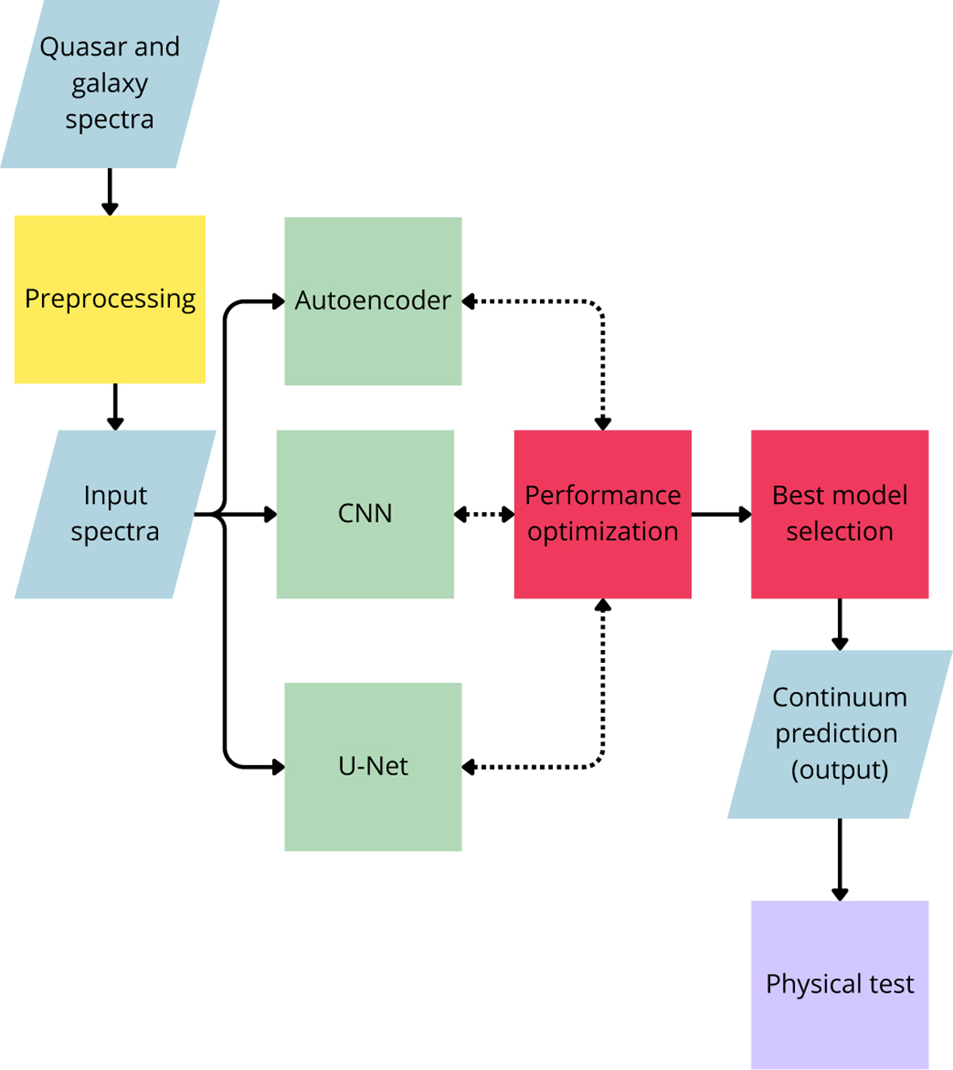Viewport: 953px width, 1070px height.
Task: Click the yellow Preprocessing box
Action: pyautogui.click(x=110, y=299)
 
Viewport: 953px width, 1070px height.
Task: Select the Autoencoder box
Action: pyautogui.click(x=373, y=301)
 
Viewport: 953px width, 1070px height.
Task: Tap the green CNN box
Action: pyautogui.click(x=365, y=514)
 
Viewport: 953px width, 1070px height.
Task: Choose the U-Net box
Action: pyautogui.click(x=373, y=767)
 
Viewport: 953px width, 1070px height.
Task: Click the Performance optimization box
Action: pyautogui.click(x=603, y=514)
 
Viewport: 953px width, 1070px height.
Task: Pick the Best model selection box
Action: pyautogui.click(x=839, y=514)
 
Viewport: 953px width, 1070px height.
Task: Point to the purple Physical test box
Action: pyautogui.click(x=839, y=984)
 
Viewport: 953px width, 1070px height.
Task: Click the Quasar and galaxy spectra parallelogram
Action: pyautogui.click(x=110, y=83)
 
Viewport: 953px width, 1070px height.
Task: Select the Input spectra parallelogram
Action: pyautogui.click(x=115, y=514)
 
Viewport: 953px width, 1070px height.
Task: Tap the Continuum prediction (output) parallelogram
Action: pyautogui.click(x=839, y=734)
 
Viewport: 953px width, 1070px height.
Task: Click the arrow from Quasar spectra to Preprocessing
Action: pyautogui.click(x=110, y=191)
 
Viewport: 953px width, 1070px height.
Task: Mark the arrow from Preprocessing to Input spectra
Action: pyautogui.click(x=115, y=406)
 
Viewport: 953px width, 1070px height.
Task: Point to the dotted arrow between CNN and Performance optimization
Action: pyautogui.click(x=484, y=514)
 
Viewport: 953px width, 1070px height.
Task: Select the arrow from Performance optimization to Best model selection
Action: pyautogui.click(x=720, y=514)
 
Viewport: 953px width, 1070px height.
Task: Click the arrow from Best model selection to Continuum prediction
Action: pyautogui.click(x=839, y=624)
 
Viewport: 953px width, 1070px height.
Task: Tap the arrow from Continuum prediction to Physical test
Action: pyautogui.click(x=839, y=859)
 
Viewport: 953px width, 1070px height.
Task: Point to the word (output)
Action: pyautogui.click(x=839, y=770)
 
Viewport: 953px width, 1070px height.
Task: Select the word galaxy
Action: pyautogui.click(x=110, y=84)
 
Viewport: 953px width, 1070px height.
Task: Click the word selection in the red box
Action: pyautogui.click(x=839, y=532)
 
